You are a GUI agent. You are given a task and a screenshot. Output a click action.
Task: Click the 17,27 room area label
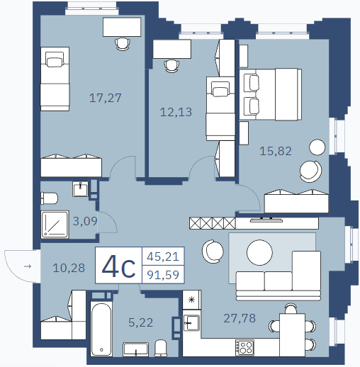point(106,98)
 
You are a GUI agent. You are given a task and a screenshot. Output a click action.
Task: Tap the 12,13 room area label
point(176,112)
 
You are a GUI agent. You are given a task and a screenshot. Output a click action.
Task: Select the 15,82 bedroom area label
point(276,151)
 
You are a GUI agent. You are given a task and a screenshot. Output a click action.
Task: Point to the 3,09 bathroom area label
point(85,221)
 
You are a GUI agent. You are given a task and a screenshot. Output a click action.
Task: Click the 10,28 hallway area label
point(69,268)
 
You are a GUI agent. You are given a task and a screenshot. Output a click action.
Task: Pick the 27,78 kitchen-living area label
point(240,318)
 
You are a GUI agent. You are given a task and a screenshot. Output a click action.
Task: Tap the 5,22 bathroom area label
point(141,322)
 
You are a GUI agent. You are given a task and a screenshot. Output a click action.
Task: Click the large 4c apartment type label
point(118,266)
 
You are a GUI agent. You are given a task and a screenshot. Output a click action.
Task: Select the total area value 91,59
point(163,275)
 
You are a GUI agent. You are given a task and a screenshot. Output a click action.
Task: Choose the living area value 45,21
point(163,256)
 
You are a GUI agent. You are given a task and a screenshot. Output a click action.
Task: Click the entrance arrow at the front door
point(28,266)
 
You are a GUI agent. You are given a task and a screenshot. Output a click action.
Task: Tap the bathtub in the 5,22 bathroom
point(101,329)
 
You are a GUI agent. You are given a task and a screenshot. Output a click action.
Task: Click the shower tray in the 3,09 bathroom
point(55,225)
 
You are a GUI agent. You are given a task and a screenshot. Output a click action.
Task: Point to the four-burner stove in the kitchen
point(244,347)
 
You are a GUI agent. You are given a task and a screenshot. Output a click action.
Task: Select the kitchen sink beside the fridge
point(191,323)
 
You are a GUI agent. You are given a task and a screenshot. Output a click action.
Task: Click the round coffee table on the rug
point(259,252)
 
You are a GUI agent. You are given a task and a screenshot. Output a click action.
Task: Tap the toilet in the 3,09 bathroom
point(49,198)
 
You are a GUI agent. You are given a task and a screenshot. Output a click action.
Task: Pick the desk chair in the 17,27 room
point(123,44)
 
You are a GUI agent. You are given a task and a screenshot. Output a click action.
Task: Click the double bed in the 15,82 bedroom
point(270,94)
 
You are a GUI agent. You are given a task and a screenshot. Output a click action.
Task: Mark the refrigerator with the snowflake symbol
point(191,300)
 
